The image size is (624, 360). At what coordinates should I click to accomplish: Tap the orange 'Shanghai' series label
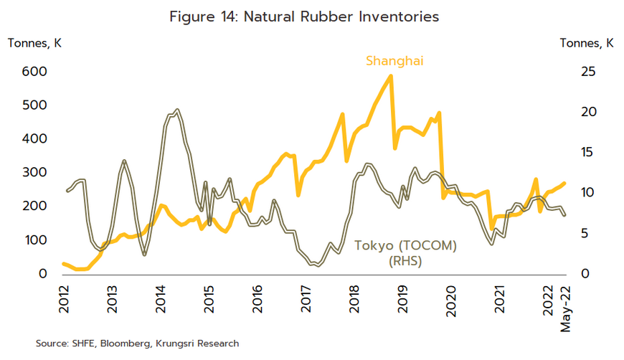point(394,61)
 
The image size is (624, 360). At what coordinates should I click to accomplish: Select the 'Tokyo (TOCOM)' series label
point(405,246)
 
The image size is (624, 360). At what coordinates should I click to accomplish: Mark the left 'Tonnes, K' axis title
point(34,43)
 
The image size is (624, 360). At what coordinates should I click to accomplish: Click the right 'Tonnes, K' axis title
point(586,43)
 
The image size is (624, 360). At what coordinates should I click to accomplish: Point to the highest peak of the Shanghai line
point(390,75)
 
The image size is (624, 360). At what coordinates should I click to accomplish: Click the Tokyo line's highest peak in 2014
point(176,110)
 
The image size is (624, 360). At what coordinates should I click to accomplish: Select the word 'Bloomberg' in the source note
point(131,344)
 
